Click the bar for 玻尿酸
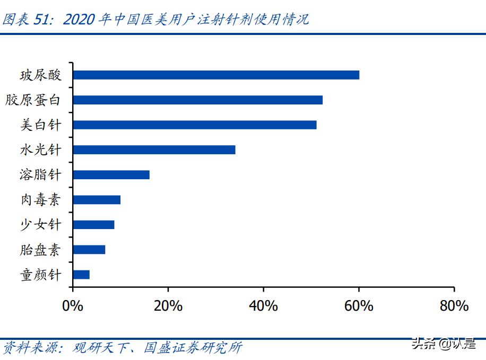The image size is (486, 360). coord(216,75)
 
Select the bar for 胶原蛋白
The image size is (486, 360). coord(197,100)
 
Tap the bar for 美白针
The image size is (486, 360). coord(194,125)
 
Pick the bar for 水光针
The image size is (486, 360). coord(154,150)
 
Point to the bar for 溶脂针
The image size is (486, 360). coord(111,174)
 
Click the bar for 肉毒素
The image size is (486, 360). coord(97,199)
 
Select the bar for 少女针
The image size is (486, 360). coord(93,224)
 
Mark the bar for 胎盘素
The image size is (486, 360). coord(89,249)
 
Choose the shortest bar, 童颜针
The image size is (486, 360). coord(81,274)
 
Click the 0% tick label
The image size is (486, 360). coord(72,306)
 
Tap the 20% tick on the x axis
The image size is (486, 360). coord(168,306)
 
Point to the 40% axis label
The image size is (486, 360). coord(263,306)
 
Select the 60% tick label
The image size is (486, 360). coord(359,306)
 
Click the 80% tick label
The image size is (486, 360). coord(454,306)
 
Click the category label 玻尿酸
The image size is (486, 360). coord(41,75)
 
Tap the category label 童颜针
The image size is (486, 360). coord(41,274)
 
